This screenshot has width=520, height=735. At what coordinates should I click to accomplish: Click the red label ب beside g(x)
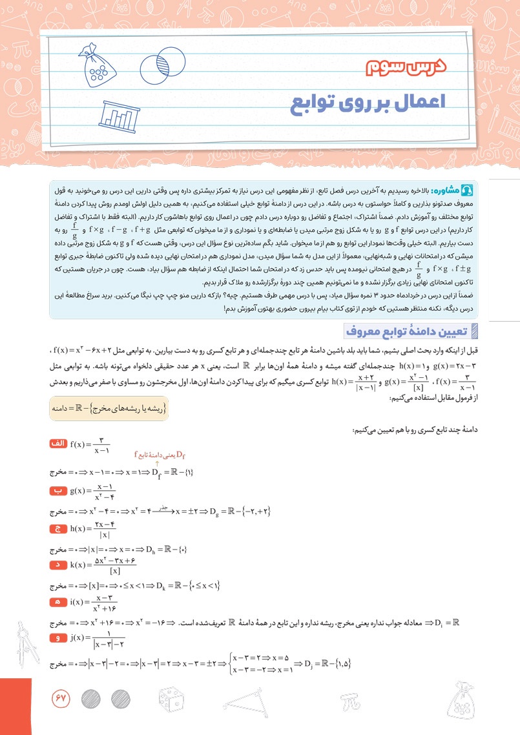(x=58, y=491)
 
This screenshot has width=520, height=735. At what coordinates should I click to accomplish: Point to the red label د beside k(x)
(x=58, y=566)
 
